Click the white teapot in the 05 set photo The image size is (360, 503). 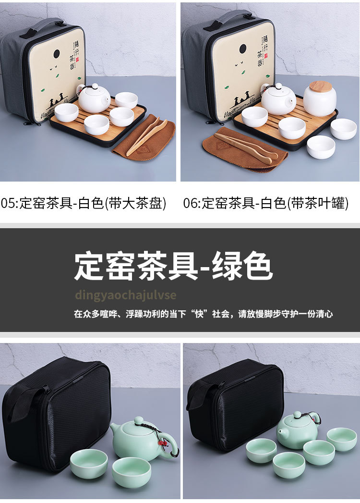point(94,99)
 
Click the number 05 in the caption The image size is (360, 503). point(8,203)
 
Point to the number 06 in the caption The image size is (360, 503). point(191,203)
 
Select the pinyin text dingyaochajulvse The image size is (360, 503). point(125,295)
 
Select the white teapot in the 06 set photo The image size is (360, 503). point(278,99)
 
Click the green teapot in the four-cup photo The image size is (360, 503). point(297,430)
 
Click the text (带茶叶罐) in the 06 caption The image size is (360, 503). point(317,203)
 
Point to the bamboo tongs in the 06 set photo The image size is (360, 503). point(245,147)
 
